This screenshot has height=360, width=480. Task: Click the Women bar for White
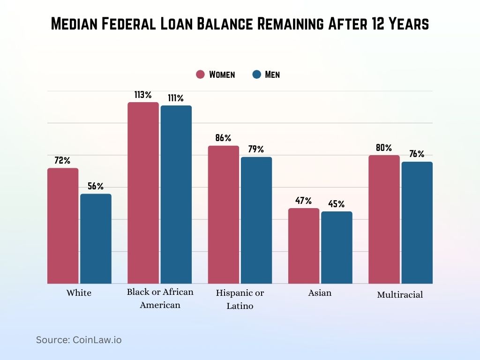pos(63,225)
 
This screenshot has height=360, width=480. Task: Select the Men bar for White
pos(96,239)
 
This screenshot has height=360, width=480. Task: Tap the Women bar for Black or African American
pos(143,193)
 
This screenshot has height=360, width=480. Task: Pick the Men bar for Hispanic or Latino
pos(256,220)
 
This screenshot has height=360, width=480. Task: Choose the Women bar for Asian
pos(303,246)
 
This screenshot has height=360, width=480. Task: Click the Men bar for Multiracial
pos(417,223)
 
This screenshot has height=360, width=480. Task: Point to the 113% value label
pos(142,95)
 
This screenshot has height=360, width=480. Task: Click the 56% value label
pos(96,187)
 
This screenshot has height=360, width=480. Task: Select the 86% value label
pos(223,138)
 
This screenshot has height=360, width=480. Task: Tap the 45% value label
pos(336,204)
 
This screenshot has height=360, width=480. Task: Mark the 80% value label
pos(383,148)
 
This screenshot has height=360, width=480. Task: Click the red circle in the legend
pos(201,75)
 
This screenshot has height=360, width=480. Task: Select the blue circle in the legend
pos(256,75)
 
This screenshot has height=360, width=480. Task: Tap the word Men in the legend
pos(272,75)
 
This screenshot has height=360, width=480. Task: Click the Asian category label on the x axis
pos(320,293)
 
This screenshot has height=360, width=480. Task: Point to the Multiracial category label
pos(400,295)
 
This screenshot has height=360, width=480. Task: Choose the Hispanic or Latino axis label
pos(240,300)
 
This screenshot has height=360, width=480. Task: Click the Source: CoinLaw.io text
pos(79,340)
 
